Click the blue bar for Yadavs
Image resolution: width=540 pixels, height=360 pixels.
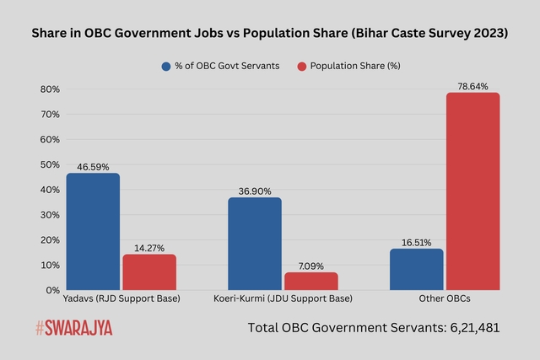(x=93, y=232)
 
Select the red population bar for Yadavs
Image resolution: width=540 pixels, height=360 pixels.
(x=149, y=271)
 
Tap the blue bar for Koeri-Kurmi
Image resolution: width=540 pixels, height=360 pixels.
(x=255, y=244)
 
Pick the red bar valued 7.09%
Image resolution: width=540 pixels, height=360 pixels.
(x=310, y=281)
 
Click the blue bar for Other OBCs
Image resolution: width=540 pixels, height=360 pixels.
(x=417, y=269)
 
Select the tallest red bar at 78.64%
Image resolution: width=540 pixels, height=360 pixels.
(x=472, y=191)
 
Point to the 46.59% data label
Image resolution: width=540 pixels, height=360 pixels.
(x=93, y=168)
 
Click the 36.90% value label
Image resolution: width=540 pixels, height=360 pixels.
(x=255, y=191)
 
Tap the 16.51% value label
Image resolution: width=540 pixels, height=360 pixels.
(x=417, y=243)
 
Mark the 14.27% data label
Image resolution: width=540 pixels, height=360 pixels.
(x=149, y=248)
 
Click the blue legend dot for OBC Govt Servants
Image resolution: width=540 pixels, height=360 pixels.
(x=166, y=66)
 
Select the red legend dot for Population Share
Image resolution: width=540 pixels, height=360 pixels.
(x=301, y=66)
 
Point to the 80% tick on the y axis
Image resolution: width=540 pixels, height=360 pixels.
(x=49, y=89)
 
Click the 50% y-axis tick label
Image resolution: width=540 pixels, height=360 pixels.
(x=49, y=164)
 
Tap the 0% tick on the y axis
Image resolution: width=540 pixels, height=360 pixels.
(x=51, y=290)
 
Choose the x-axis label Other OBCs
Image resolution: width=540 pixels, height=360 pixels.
(x=445, y=299)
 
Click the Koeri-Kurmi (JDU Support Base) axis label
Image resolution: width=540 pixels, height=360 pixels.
(x=283, y=299)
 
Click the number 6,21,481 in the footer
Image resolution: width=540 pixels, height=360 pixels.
(x=469, y=327)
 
